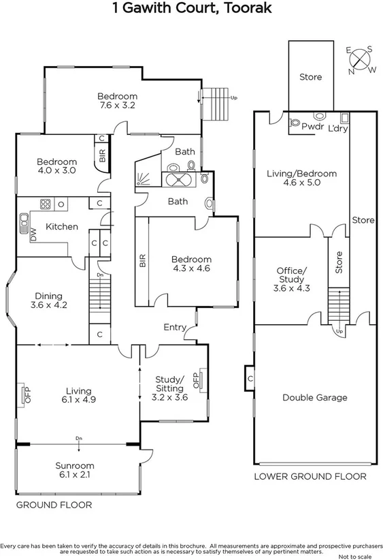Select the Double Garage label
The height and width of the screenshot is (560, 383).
point(314,397)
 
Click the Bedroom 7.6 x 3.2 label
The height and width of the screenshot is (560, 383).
point(117,101)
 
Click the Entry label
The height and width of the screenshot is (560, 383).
point(175,328)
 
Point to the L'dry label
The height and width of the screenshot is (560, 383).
point(337,127)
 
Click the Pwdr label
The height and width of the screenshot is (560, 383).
point(312,127)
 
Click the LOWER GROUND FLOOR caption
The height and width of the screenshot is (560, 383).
point(310,477)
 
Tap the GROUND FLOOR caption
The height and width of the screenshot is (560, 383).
point(54,505)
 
